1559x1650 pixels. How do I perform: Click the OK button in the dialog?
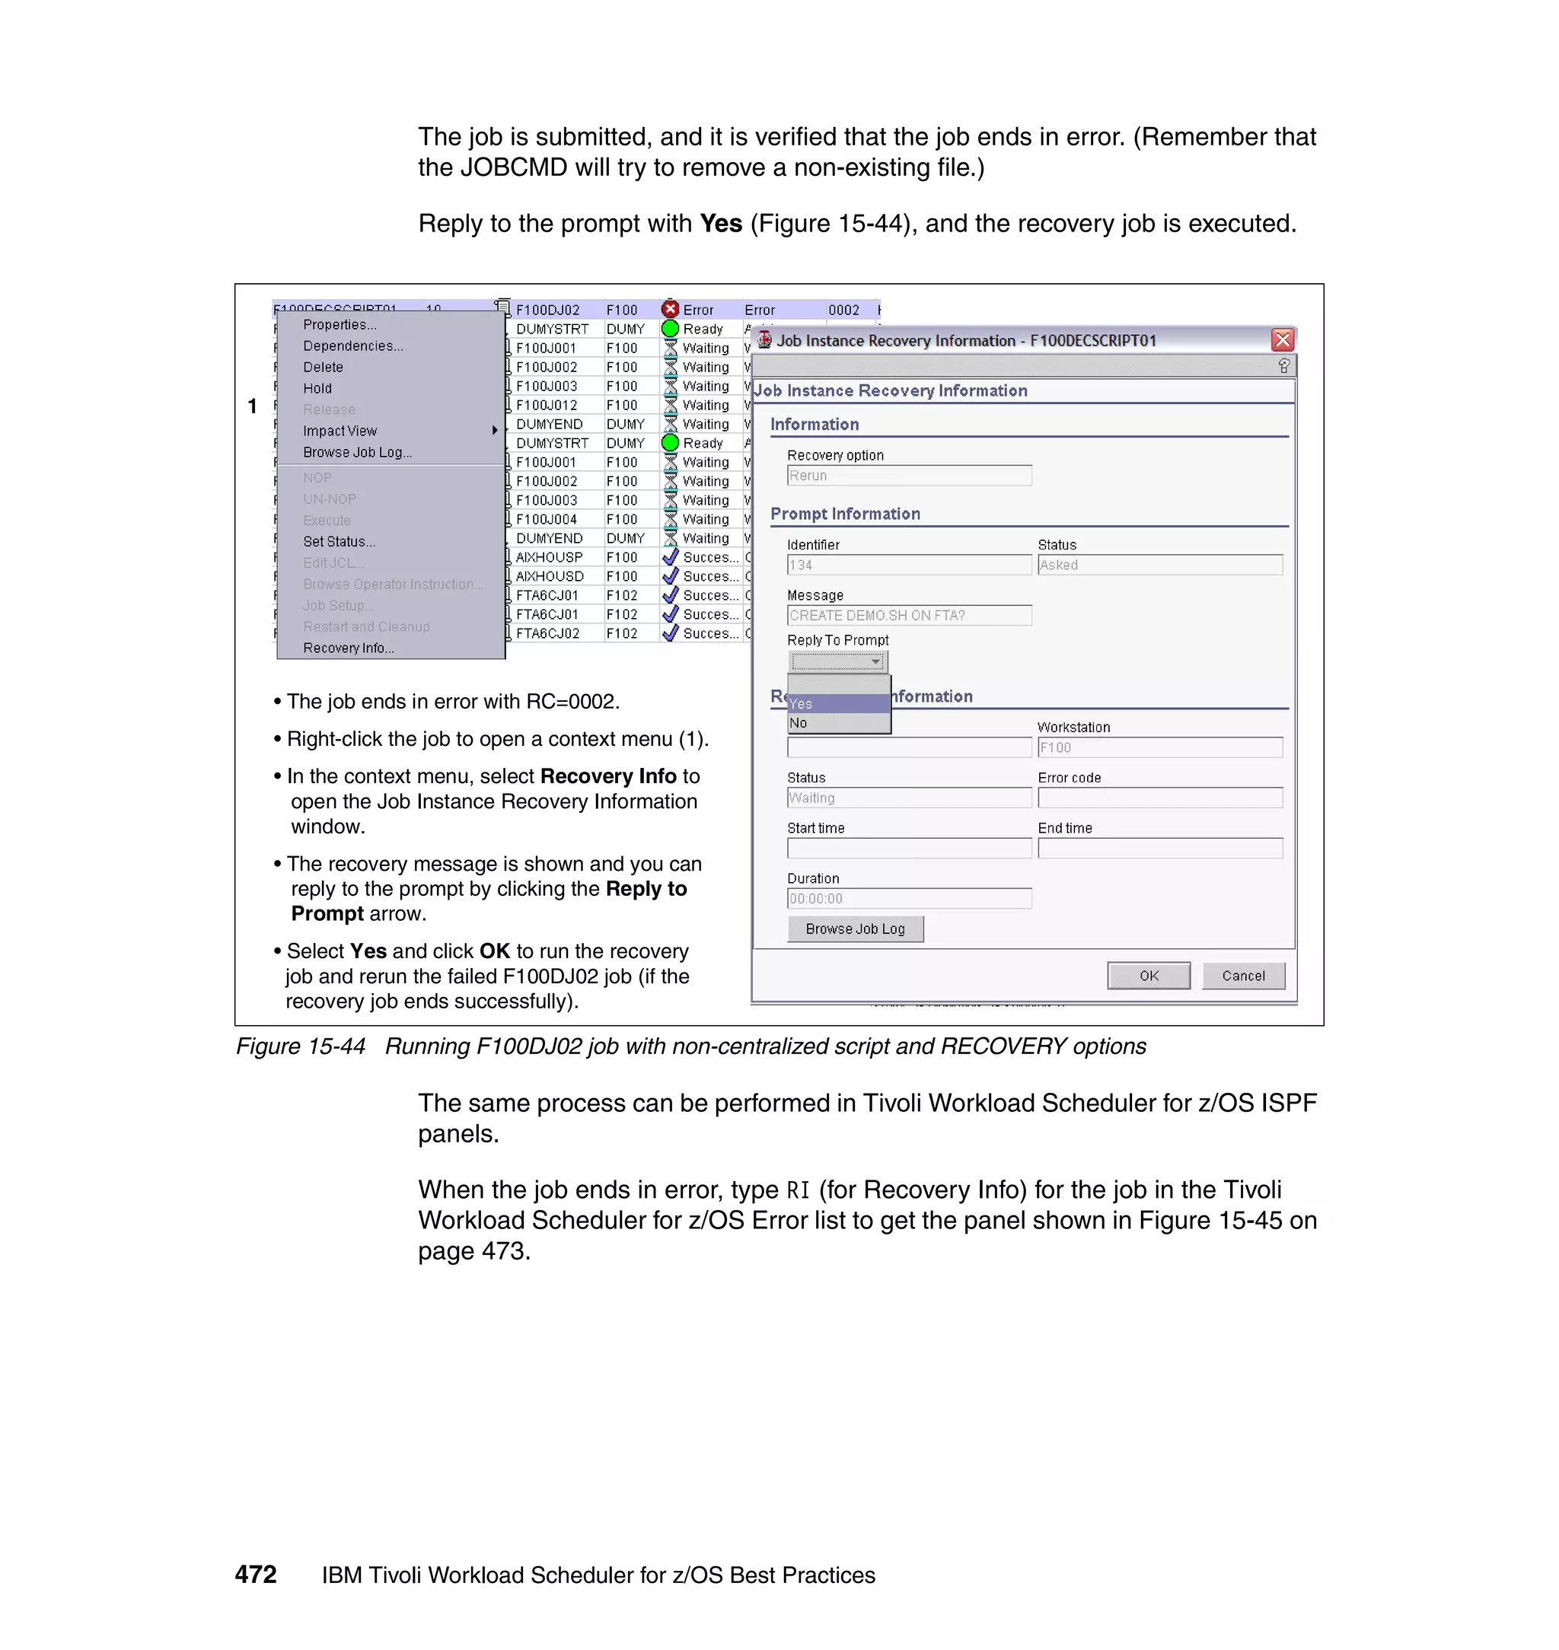(x=1148, y=976)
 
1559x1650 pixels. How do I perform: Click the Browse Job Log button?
(x=854, y=929)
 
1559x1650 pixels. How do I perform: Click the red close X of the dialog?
(x=1282, y=339)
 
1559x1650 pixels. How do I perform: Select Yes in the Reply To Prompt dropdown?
(x=837, y=704)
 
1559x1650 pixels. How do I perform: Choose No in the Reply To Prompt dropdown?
(x=837, y=724)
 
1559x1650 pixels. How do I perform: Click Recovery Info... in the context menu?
(x=348, y=648)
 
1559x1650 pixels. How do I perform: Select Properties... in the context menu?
(x=339, y=325)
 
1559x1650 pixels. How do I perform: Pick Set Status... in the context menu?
(x=339, y=542)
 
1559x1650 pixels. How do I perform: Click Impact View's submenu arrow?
(x=495, y=430)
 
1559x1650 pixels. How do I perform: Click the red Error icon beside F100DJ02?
(x=671, y=309)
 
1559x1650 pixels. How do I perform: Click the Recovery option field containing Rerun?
(x=908, y=475)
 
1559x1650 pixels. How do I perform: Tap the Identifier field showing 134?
(x=908, y=565)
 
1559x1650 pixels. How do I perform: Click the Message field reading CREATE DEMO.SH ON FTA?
(x=908, y=616)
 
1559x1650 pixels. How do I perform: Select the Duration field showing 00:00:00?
(x=908, y=899)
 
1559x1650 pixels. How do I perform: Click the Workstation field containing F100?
(x=1159, y=747)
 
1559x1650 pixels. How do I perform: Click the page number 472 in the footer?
(x=255, y=1575)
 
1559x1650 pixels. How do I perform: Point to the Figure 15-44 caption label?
(x=301, y=1046)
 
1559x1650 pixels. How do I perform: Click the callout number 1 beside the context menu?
(x=252, y=406)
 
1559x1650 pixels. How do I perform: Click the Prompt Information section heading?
(x=844, y=514)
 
